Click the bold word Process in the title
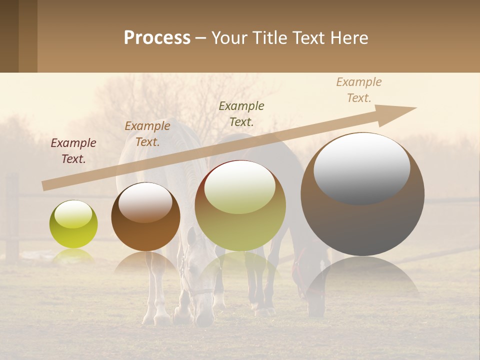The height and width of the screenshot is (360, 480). click(x=157, y=38)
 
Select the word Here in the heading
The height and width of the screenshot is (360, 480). click(x=348, y=38)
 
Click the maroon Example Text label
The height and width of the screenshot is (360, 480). click(x=73, y=151)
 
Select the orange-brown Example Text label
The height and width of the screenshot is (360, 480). click(x=147, y=134)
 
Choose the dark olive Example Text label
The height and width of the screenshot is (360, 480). click(x=241, y=113)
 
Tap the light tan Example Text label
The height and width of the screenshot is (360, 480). click(x=359, y=90)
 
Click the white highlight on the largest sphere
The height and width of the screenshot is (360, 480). click(x=361, y=167)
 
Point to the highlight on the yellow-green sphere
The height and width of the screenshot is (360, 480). click(x=73, y=214)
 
